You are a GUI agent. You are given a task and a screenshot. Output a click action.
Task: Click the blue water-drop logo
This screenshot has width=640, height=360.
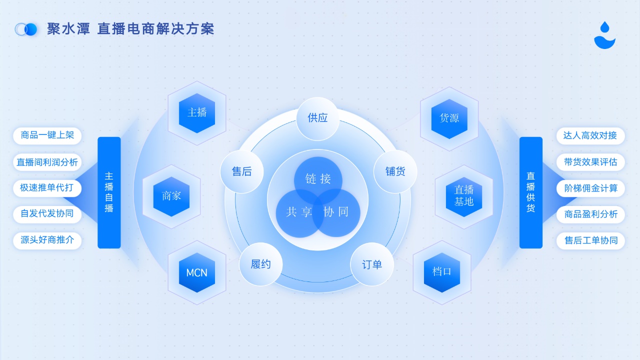(604, 35)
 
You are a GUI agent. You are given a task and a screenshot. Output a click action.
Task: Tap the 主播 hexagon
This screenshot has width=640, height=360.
(197, 113)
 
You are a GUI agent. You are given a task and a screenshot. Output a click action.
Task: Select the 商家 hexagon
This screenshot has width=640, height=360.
(171, 196)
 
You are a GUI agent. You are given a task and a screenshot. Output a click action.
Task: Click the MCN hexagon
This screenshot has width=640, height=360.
(197, 272)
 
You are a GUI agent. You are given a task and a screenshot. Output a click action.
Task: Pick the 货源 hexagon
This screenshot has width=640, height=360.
(449, 118)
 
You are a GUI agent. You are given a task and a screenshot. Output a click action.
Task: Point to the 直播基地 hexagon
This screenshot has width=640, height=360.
(464, 196)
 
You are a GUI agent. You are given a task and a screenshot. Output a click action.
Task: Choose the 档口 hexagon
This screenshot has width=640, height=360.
(442, 272)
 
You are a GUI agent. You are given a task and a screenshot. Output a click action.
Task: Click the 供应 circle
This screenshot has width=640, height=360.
(317, 118)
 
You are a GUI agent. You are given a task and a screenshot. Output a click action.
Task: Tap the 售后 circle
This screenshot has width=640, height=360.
(242, 171)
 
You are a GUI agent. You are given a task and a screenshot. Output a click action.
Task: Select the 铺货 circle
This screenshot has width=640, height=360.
(395, 171)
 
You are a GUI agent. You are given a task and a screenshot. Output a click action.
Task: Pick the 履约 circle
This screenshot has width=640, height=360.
(260, 264)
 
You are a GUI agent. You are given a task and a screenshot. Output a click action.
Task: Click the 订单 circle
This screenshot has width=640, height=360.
(372, 264)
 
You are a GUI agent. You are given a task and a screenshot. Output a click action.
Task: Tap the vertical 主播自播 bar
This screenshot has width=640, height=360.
(109, 192)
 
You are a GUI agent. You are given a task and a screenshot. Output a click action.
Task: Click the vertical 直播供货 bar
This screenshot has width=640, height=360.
(531, 192)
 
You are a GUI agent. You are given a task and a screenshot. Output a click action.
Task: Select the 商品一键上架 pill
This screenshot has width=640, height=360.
(47, 135)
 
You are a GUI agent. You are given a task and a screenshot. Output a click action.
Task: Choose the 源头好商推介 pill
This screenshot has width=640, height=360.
(47, 240)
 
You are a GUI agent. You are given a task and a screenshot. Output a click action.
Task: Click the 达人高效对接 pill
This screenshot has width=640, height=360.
(590, 135)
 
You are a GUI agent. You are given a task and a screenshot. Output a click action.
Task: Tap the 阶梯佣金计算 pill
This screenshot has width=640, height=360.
(590, 188)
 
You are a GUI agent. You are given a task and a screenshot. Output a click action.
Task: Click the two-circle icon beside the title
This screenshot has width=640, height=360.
(26, 29)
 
